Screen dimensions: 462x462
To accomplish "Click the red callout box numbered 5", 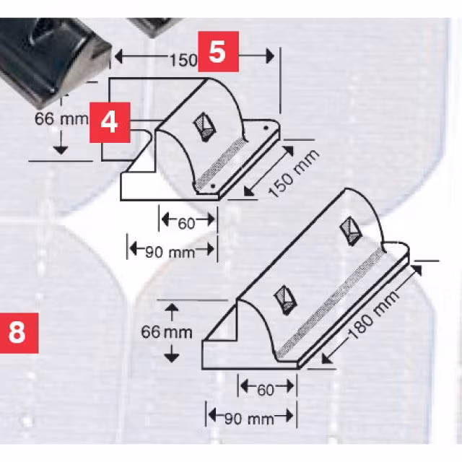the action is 218,51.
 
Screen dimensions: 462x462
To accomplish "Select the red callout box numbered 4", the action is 110,123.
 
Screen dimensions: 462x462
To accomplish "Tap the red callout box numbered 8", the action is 18,333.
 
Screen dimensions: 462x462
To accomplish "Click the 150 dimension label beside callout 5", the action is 183,61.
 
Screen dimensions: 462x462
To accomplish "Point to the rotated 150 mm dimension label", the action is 294,173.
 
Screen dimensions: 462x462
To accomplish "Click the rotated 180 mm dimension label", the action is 373,316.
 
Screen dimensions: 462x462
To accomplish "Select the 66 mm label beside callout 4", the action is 61,119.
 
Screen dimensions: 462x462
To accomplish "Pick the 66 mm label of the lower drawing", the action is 167,332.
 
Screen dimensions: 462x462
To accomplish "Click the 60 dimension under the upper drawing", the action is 186,224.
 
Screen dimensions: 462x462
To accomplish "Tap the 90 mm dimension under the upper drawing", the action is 170,253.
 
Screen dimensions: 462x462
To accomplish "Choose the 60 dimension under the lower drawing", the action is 266,390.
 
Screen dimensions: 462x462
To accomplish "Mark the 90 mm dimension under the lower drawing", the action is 249,419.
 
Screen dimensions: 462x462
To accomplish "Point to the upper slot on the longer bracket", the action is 351,232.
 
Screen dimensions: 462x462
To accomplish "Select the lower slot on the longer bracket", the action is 285,300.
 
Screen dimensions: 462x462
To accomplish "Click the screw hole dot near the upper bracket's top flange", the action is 266,128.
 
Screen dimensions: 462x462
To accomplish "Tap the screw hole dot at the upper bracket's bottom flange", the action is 214,186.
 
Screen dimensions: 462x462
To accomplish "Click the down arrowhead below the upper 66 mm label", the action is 61,150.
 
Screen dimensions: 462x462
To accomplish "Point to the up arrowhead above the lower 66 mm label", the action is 172,308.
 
